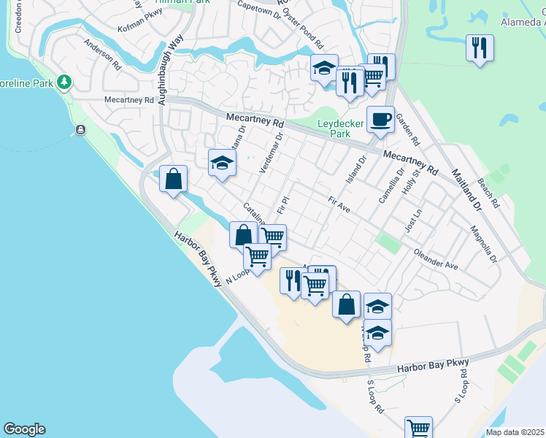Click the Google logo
pos(24,429)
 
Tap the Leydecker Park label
pos(340,129)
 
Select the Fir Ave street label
pos(339,204)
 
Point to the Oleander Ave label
pos(436,261)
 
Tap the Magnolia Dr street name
pos(484,247)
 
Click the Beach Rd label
pos(487,192)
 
